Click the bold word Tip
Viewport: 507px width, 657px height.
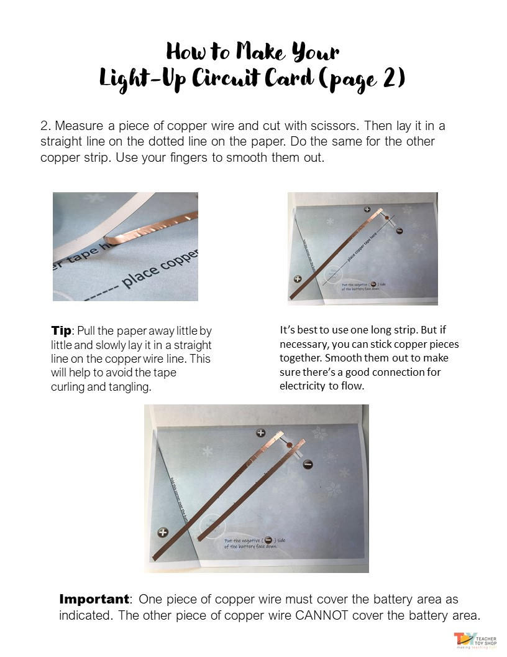(62, 331)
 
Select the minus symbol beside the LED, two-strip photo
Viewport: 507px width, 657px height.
(308, 464)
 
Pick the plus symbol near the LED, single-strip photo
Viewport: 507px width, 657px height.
(367, 210)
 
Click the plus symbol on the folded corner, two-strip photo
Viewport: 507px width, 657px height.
(163, 532)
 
